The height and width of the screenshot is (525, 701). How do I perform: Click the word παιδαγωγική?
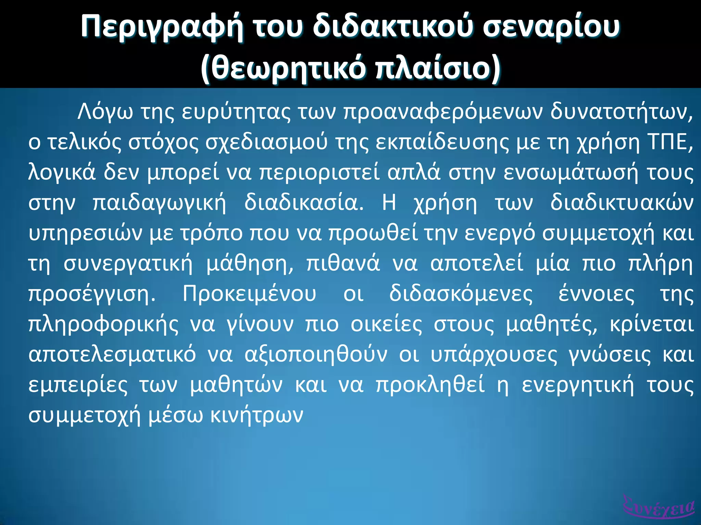(160, 204)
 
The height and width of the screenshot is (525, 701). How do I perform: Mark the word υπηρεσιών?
(85, 234)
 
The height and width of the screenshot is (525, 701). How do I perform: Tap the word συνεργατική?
(128, 264)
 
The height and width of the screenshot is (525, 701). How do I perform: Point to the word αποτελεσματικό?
(112, 355)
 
